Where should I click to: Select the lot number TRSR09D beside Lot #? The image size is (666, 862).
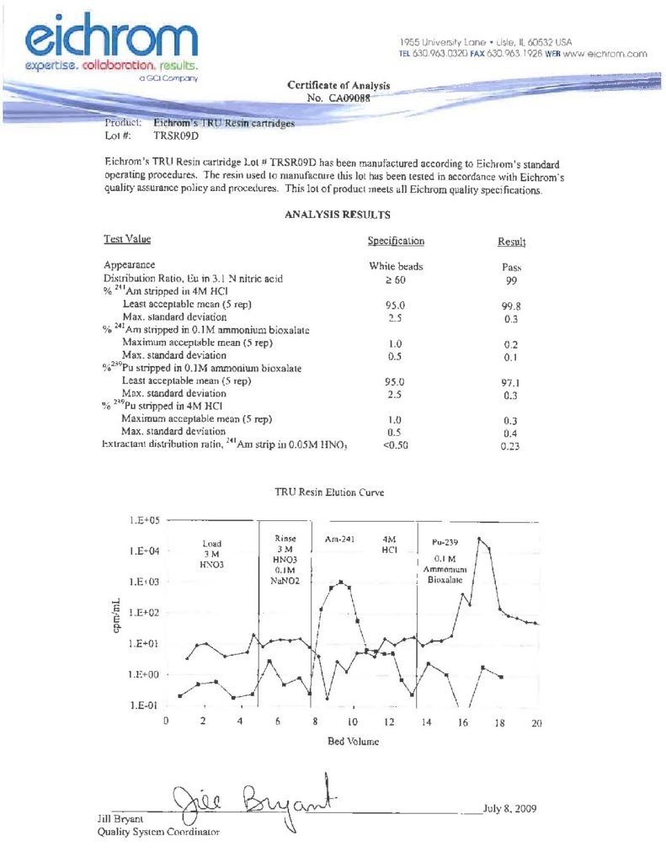click(174, 134)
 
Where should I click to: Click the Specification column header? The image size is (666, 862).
click(396, 242)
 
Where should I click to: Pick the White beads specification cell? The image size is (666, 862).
click(396, 267)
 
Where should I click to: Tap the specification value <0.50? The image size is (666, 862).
click(395, 445)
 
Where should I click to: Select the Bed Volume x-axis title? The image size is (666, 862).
click(351, 742)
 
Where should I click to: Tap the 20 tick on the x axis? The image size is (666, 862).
click(537, 722)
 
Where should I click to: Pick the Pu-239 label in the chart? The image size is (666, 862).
click(445, 543)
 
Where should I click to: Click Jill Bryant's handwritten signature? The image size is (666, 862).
click(253, 800)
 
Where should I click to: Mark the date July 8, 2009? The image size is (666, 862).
click(510, 810)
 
